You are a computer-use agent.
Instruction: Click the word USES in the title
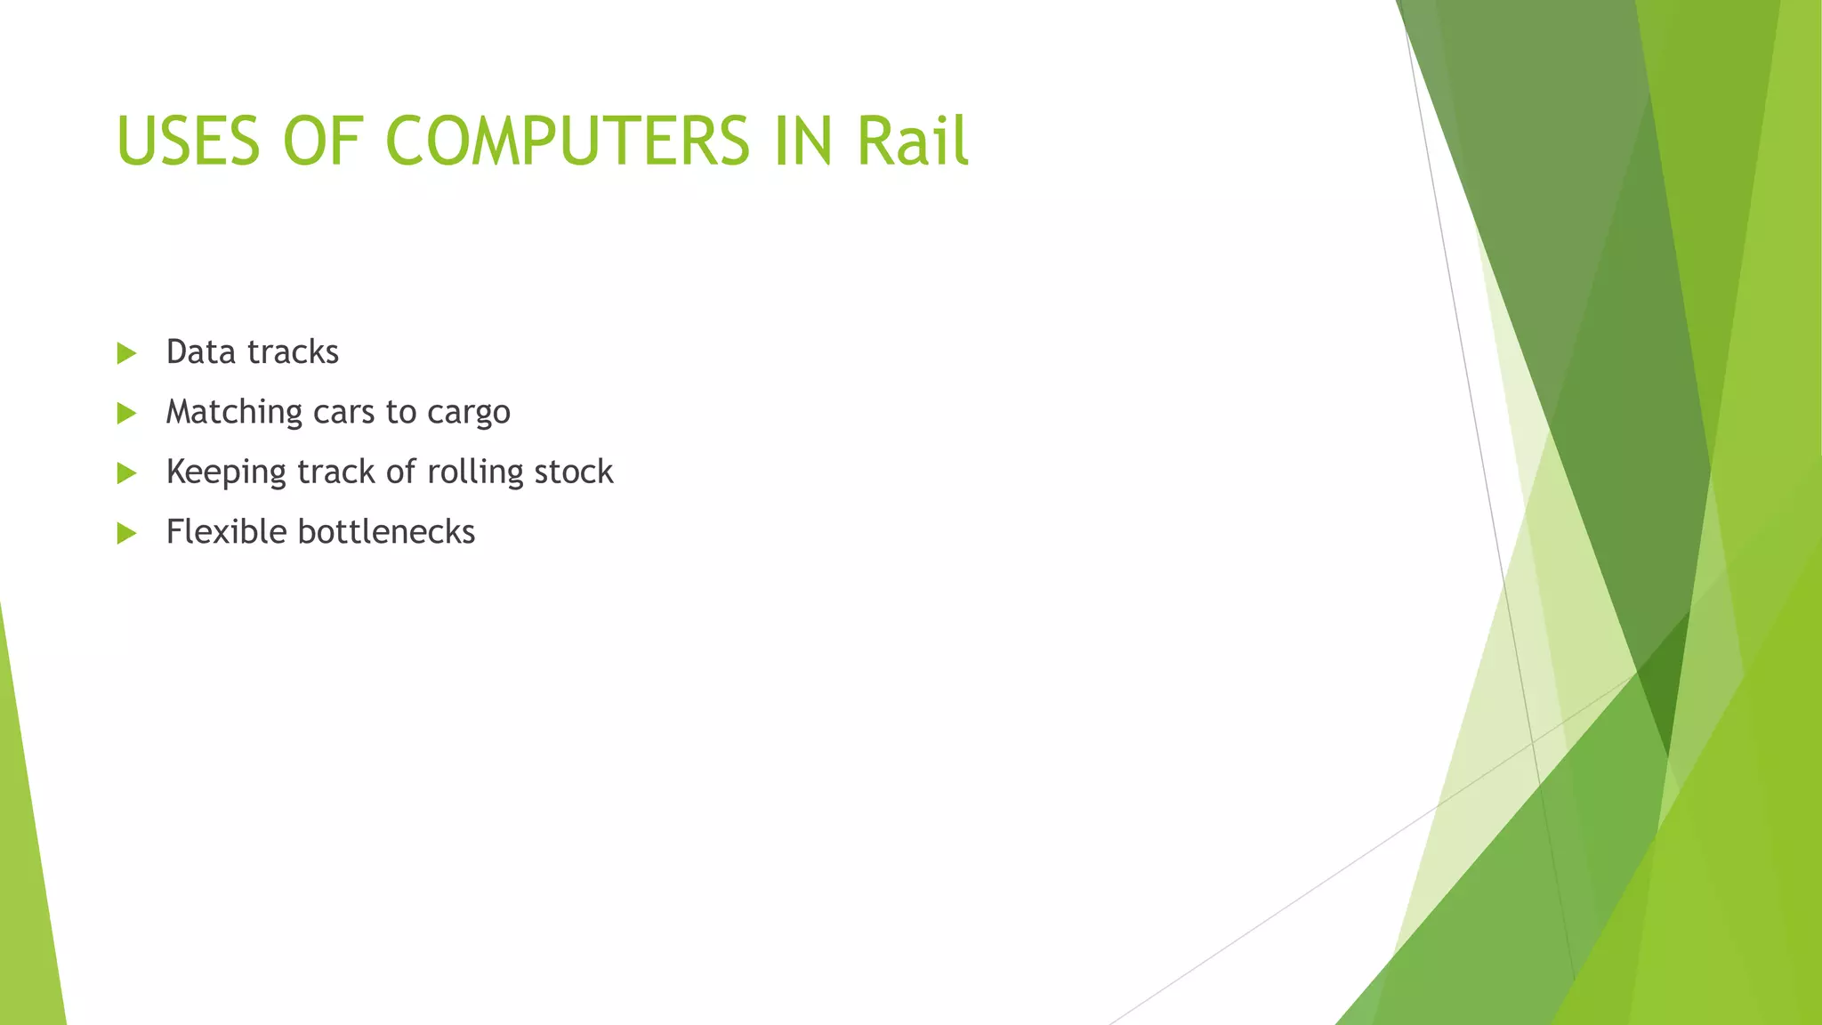coord(188,141)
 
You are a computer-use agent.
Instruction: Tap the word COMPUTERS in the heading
coord(568,141)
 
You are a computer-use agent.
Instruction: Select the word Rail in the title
coord(912,141)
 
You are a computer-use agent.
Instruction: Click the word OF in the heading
coord(322,141)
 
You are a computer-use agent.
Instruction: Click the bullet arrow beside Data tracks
coord(126,353)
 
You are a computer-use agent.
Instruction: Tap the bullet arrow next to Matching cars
coord(126,413)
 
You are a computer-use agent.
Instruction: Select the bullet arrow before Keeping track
coord(126,472)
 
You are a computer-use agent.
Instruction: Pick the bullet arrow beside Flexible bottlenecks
coord(126,533)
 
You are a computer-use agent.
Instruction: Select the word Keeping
coord(226,472)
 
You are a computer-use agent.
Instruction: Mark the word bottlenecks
coord(386,532)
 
